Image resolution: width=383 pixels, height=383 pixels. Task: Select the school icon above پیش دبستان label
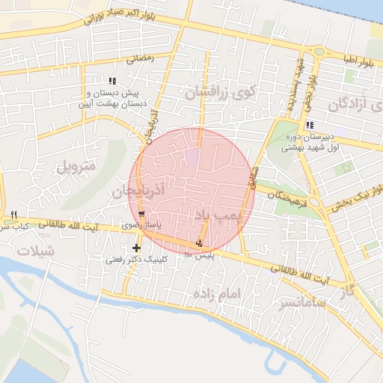(x=112, y=81)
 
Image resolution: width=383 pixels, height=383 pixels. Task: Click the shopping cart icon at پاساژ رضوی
(x=141, y=235)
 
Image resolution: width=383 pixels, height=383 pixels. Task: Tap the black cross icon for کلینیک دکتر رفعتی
(x=135, y=248)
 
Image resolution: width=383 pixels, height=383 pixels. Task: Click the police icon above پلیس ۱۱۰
(x=199, y=243)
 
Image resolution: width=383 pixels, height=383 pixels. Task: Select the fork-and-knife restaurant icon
(x=13, y=215)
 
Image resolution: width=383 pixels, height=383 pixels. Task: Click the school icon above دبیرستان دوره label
(x=309, y=125)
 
